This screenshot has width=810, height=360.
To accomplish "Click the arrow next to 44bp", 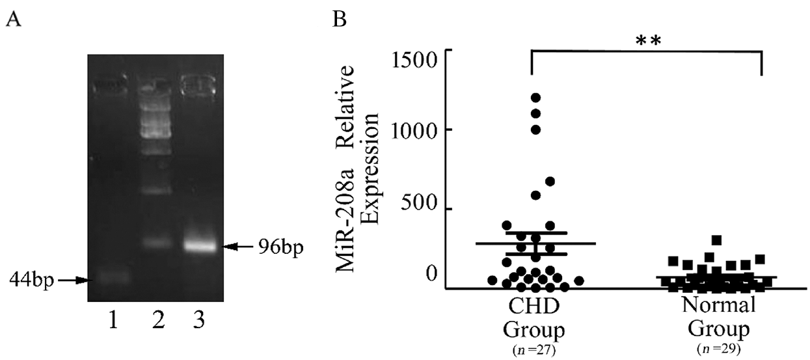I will (x=73, y=281).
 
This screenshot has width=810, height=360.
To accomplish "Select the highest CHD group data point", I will (x=536, y=98).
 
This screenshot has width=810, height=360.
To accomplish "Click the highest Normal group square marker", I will (x=717, y=240).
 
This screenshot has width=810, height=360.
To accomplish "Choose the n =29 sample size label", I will (x=718, y=348).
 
